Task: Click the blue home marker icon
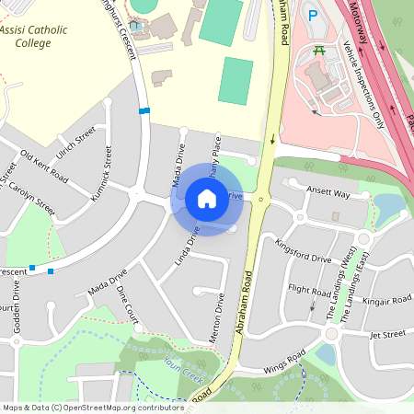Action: click(x=207, y=198)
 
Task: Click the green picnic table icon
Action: click(x=319, y=50)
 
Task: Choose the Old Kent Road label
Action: click(x=44, y=166)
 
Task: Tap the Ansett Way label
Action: click(x=328, y=194)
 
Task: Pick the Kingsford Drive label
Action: click(x=302, y=251)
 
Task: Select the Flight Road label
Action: click(x=309, y=289)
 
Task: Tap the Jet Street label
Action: click(x=387, y=335)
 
